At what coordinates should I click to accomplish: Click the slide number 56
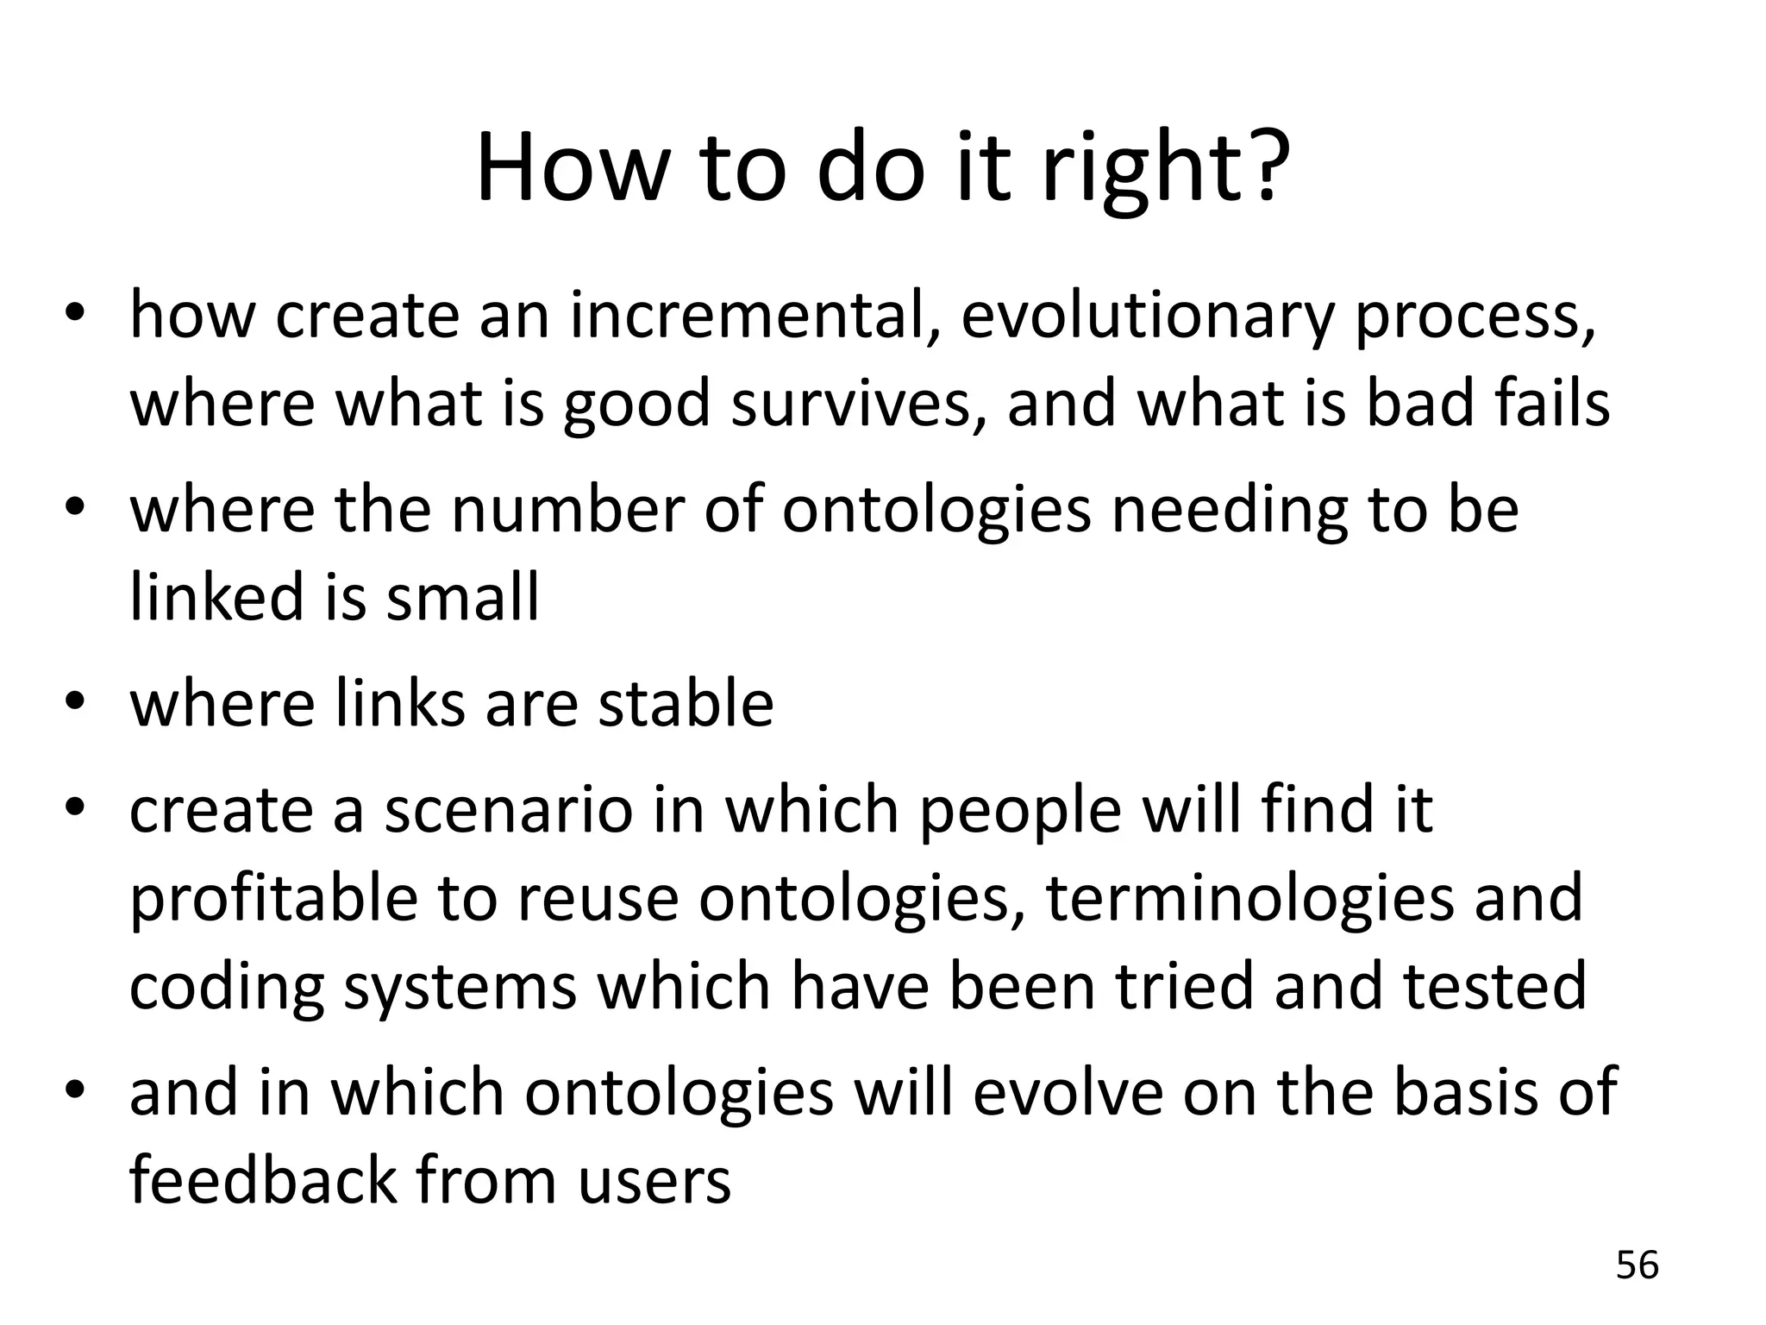tap(1637, 1265)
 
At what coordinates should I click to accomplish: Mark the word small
tap(463, 597)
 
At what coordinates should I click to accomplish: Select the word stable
tap(686, 704)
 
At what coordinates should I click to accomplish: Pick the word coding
tap(226, 987)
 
